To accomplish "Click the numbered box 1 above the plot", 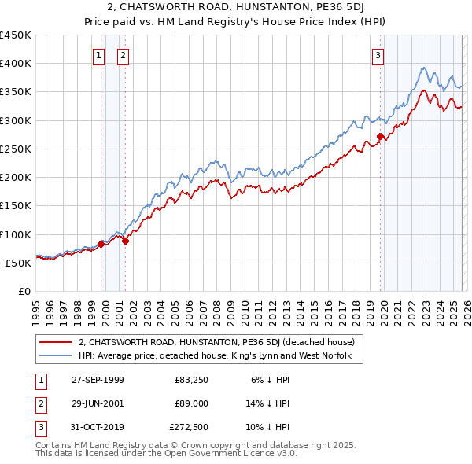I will [99, 55].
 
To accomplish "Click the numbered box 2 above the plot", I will [124, 55].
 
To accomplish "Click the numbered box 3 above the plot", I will [378, 55].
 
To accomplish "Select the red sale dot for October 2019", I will [381, 137].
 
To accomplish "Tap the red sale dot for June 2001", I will [125, 241].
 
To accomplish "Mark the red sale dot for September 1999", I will [101, 244].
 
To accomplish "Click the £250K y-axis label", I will [16, 149].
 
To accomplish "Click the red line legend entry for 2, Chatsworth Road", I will [216, 342].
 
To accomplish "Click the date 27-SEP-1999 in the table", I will [98, 379].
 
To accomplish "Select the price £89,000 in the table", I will [191, 403].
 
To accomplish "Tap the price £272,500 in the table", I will [189, 427].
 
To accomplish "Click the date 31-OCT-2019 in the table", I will [98, 427].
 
